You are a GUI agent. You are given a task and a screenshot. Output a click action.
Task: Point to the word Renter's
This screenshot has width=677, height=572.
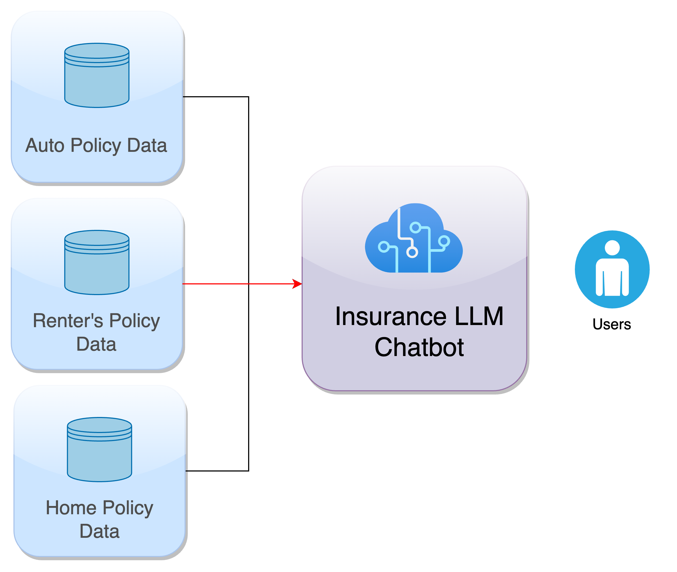[x=68, y=321]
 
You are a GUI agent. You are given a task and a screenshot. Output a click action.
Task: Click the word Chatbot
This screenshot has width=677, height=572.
[x=419, y=347]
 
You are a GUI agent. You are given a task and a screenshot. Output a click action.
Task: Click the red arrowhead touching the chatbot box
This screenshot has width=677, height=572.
[x=297, y=284]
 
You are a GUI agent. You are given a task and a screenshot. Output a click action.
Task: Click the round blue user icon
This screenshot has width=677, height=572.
[x=612, y=269]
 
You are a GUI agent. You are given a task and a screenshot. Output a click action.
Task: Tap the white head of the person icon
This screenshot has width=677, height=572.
[x=612, y=248]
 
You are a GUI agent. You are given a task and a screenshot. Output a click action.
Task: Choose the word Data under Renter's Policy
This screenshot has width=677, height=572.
[x=96, y=344]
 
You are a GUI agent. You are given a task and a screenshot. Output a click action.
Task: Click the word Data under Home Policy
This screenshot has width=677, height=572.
[x=99, y=531]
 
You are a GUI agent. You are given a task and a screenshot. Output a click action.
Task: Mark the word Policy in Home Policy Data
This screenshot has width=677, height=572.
[x=128, y=508]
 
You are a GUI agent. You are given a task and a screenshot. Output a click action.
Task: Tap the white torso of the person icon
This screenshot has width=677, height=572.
[x=612, y=277]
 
